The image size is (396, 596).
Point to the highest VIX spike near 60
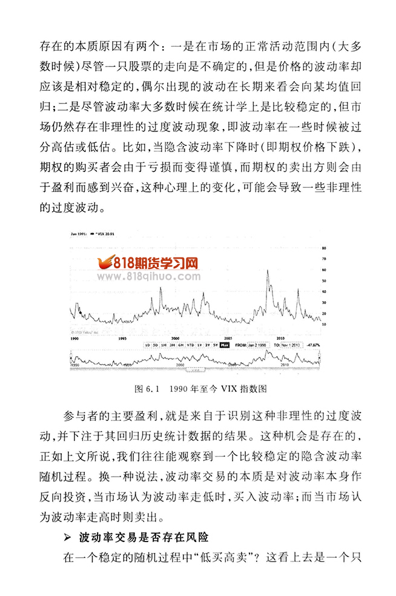(268, 270)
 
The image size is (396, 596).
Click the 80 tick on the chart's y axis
(324, 248)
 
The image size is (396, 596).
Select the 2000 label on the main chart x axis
(176, 337)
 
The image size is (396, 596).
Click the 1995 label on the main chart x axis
(122, 337)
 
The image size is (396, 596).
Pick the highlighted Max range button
(225, 345)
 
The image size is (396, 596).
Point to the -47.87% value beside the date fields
(314, 345)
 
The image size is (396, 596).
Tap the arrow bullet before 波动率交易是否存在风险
(68, 537)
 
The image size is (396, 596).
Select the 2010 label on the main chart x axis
(281, 337)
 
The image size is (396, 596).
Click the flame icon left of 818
(104, 262)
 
